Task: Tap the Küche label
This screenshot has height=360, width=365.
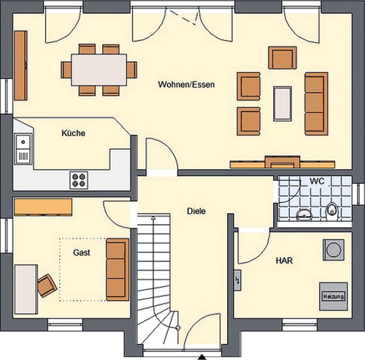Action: click(74, 134)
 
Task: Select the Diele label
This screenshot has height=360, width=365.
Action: click(195, 211)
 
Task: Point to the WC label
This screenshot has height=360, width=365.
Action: click(317, 180)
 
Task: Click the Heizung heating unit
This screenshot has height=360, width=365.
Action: click(331, 296)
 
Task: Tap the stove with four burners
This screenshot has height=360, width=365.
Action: click(79, 178)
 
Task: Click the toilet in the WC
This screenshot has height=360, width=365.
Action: click(332, 211)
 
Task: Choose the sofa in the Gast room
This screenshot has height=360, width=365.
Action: click(116, 268)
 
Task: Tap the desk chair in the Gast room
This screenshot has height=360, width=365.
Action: click(46, 285)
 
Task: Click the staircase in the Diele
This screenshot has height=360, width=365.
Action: click(155, 277)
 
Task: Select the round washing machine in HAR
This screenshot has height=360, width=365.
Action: click(334, 250)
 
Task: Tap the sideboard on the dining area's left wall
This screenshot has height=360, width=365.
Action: click(20, 66)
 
